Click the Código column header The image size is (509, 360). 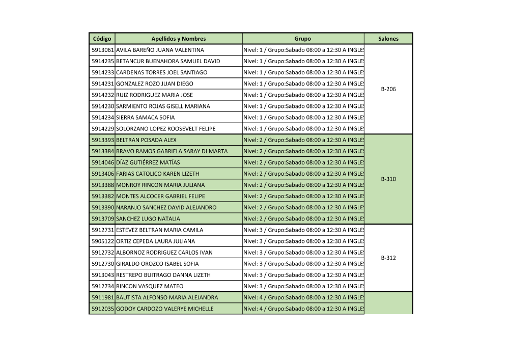click(102, 39)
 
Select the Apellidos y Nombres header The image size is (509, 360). click(178, 39)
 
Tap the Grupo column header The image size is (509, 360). click(302, 39)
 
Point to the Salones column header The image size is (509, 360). click(388, 39)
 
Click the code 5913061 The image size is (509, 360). click(102, 50)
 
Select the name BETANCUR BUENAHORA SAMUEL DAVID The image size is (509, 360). click(168, 61)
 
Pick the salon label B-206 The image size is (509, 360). click(388, 89)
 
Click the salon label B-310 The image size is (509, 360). click(388, 179)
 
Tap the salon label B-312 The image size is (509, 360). click(388, 258)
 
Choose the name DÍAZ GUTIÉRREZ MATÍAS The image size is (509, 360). click(148, 162)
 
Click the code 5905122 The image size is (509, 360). click(102, 241)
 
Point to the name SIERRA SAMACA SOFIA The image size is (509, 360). click(146, 118)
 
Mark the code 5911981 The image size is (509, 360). click(102, 297)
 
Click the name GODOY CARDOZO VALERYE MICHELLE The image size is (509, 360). click(165, 309)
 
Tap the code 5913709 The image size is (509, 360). click(102, 219)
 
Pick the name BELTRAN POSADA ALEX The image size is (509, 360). click(146, 140)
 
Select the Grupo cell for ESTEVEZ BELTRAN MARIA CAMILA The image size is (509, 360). click(303, 230)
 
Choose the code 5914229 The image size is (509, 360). click(102, 129)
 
